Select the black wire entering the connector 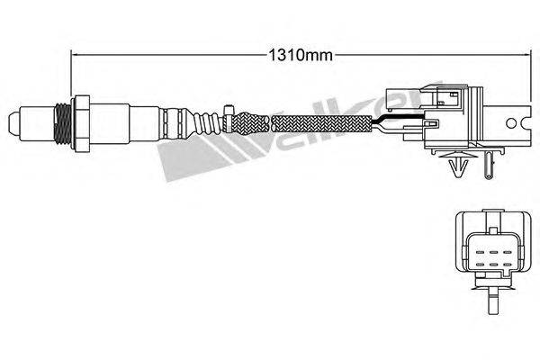point(396,119)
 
